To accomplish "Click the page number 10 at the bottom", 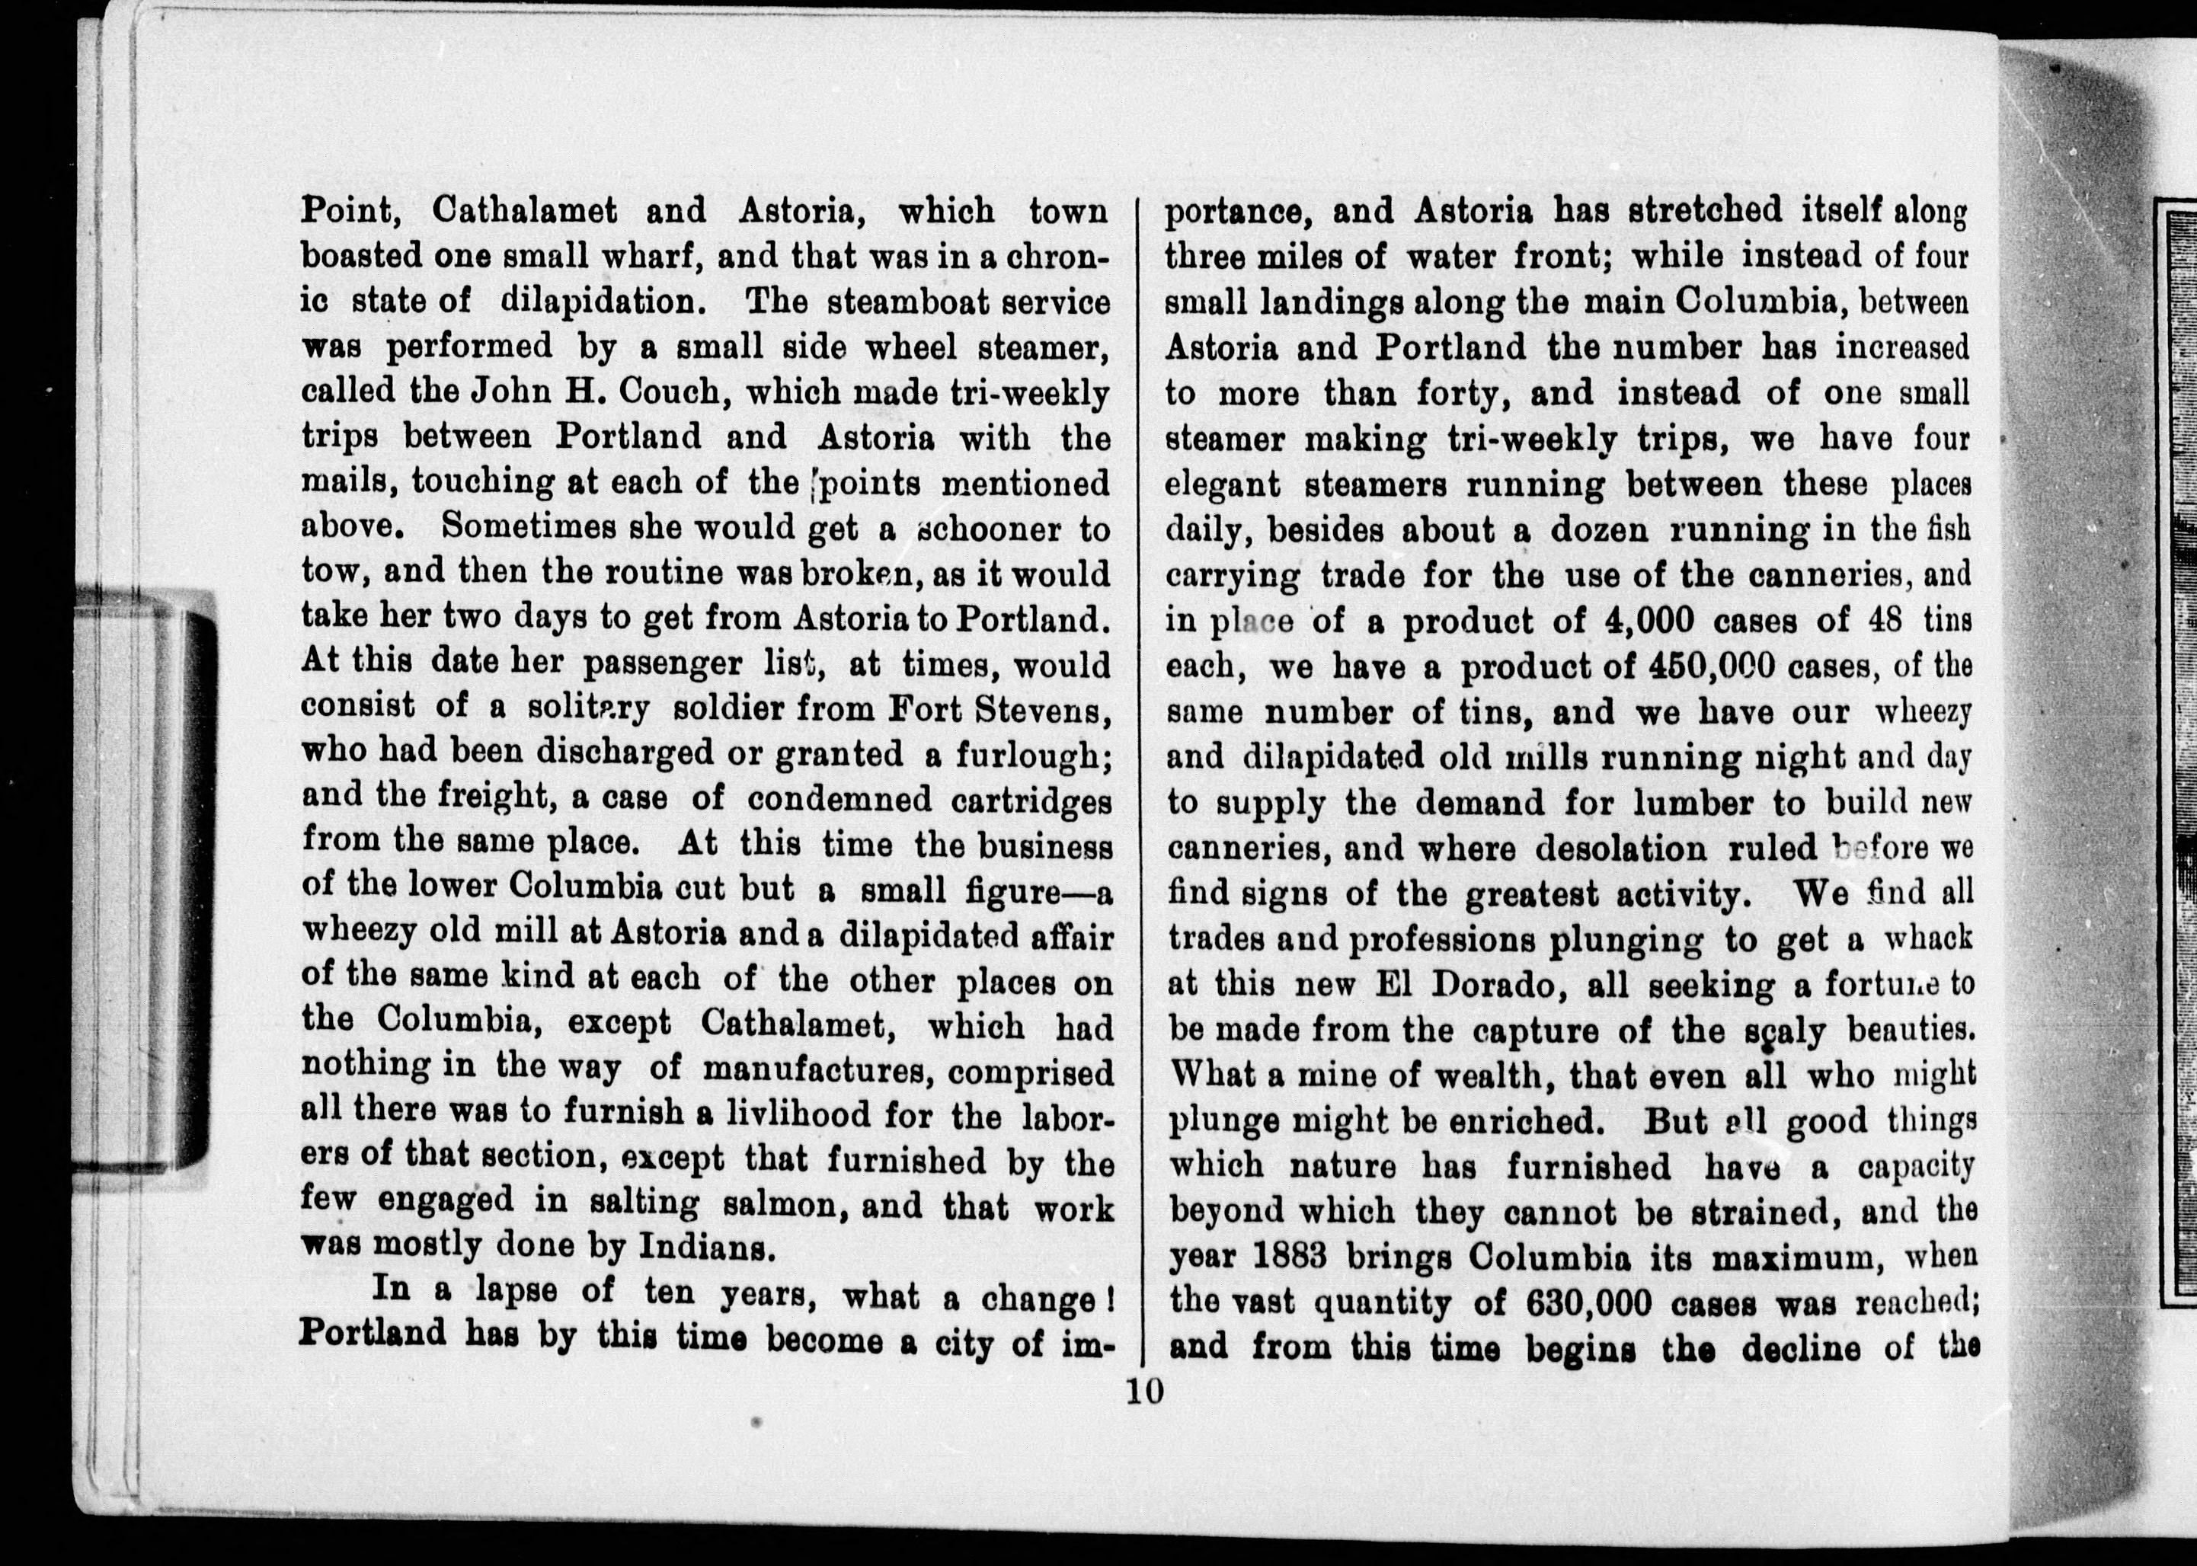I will pyautogui.click(x=1144, y=1392).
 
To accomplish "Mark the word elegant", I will pyautogui.click(x=1223, y=484).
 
